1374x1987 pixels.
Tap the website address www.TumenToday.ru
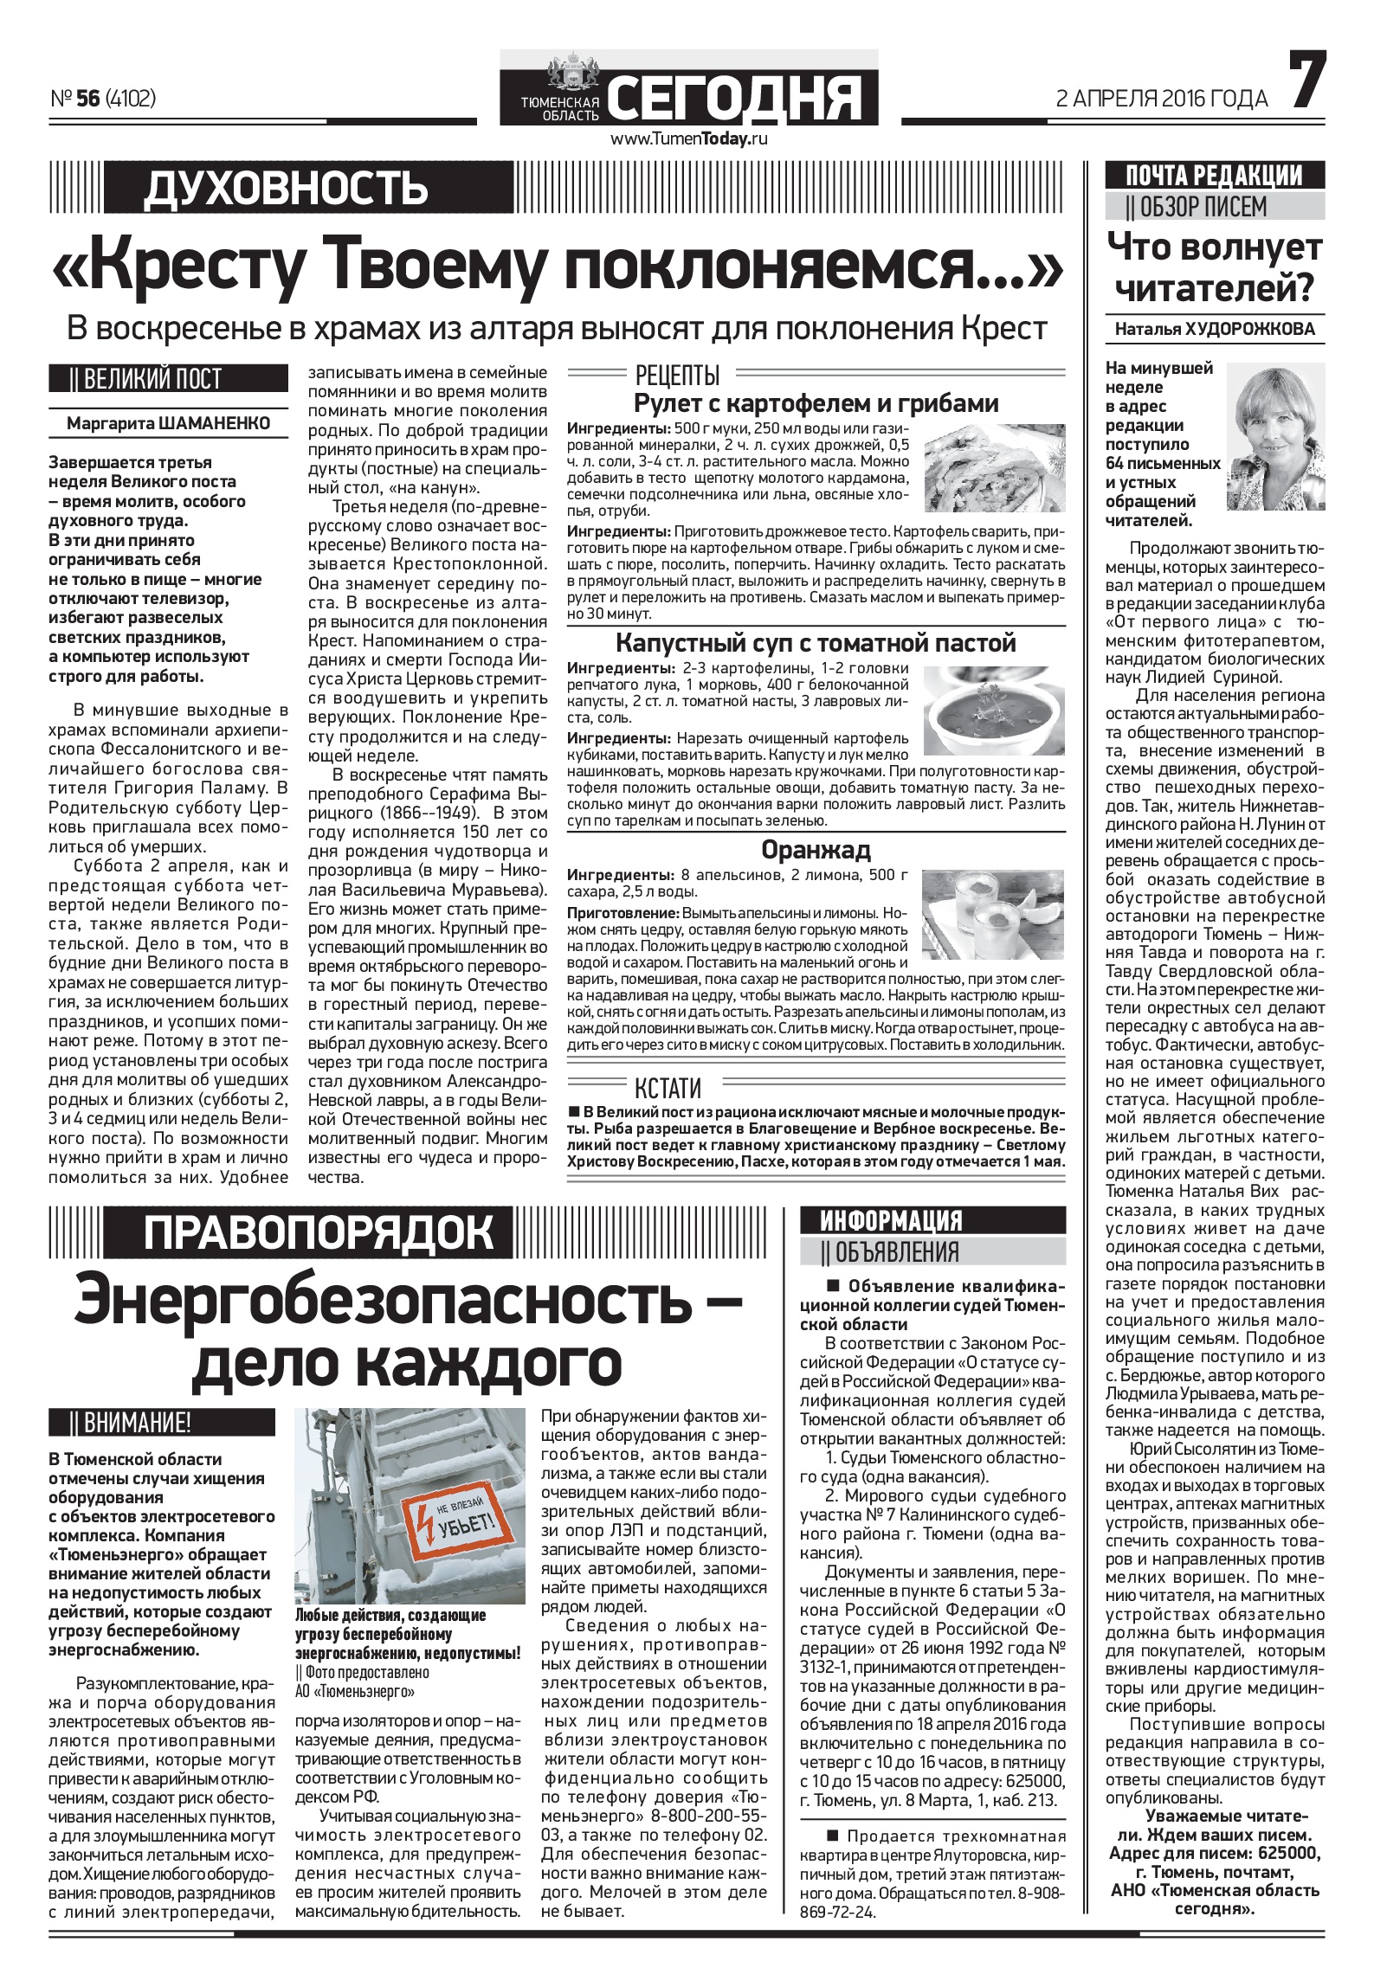tap(690, 138)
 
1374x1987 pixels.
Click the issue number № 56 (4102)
tap(103, 100)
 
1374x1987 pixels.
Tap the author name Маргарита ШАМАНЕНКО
tap(168, 423)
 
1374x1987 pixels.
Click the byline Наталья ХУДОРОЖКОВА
tap(1215, 329)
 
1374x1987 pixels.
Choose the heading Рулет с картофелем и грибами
tap(816, 403)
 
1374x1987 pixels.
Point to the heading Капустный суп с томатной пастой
tap(816, 643)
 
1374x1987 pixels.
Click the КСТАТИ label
tap(668, 1087)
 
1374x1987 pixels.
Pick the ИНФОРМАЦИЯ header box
tap(891, 1220)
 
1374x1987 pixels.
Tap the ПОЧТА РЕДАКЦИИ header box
tap(1215, 175)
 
